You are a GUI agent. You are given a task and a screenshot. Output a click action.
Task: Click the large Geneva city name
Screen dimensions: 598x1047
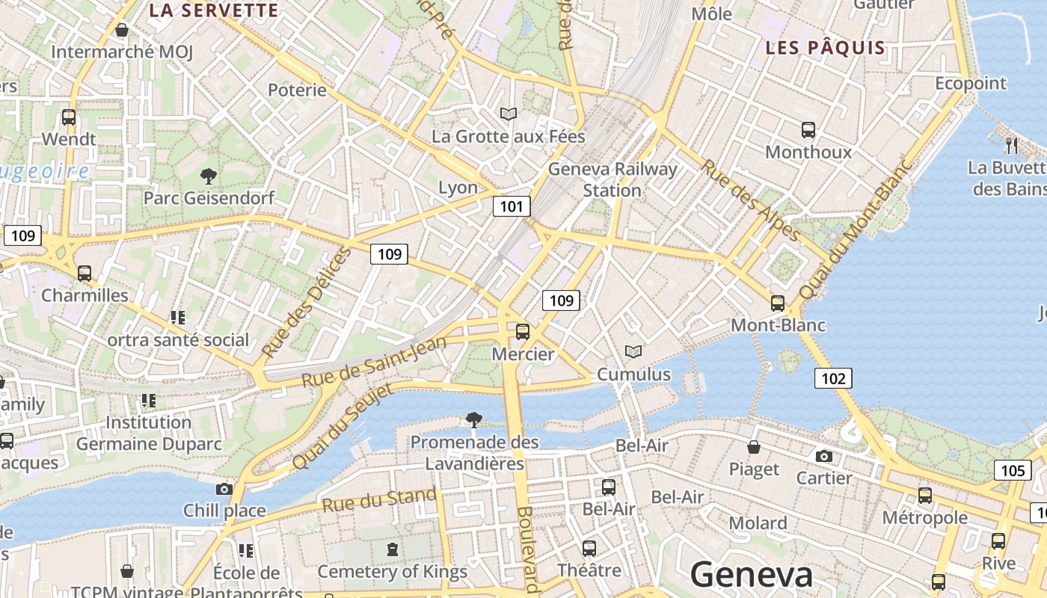[751, 574]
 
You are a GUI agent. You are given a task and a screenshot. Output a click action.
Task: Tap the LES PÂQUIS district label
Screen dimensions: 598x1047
[825, 48]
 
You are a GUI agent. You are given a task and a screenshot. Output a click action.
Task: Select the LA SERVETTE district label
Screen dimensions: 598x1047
[213, 10]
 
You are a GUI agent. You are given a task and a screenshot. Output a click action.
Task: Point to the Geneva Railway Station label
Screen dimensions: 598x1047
[612, 179]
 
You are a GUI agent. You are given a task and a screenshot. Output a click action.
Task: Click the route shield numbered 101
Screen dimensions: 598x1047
[512, 206]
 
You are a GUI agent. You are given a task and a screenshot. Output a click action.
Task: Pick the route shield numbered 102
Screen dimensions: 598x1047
[833, 378]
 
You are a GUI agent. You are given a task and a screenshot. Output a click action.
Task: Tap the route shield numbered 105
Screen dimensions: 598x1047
[1013, 470]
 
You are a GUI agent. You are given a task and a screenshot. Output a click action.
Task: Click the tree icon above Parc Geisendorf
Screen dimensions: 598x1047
[209, 176]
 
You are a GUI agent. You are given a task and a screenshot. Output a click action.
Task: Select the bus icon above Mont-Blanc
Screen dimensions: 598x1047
[778, 303]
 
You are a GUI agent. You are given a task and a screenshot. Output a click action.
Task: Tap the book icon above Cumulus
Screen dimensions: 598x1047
[633, 351]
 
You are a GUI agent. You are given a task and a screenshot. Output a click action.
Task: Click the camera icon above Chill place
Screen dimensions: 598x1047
[224, 490]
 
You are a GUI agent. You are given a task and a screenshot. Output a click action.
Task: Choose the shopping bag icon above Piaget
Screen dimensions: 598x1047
[754, 448]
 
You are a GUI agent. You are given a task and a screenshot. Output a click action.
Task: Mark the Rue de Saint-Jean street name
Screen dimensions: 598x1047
[374, 362]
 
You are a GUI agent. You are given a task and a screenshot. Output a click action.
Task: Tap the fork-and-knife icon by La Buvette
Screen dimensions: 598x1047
[1012, 144]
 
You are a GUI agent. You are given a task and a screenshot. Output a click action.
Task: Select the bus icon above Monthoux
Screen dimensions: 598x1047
[808, 130]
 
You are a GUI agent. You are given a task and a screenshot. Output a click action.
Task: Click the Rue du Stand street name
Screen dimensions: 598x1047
[379, 499]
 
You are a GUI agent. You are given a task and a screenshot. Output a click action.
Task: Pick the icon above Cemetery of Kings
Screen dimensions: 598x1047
[392, 550]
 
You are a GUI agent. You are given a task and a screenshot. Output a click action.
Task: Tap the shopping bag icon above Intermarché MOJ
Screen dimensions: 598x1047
[122, 31]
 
